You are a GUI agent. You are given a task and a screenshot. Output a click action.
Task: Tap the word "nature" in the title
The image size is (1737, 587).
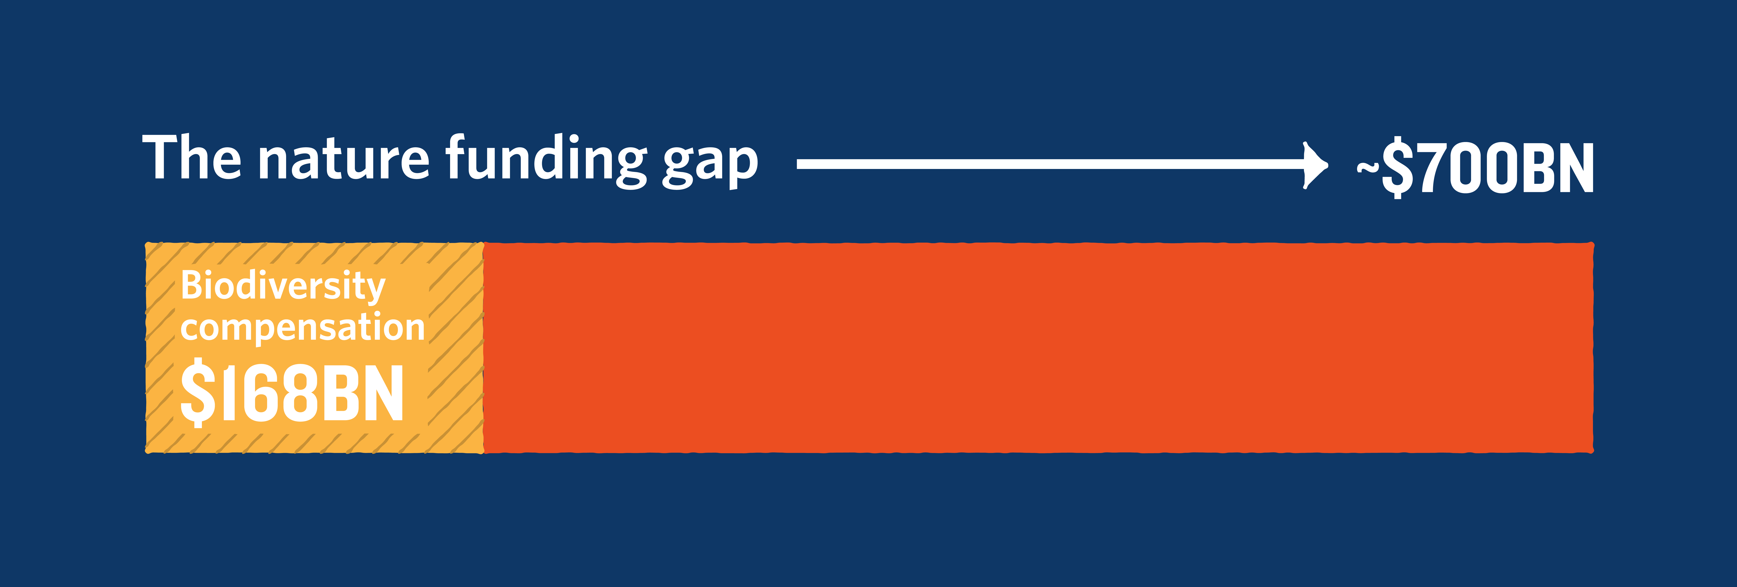(x=344, y=162)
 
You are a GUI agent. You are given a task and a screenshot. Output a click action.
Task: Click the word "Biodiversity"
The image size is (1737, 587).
(x=283, y=286)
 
